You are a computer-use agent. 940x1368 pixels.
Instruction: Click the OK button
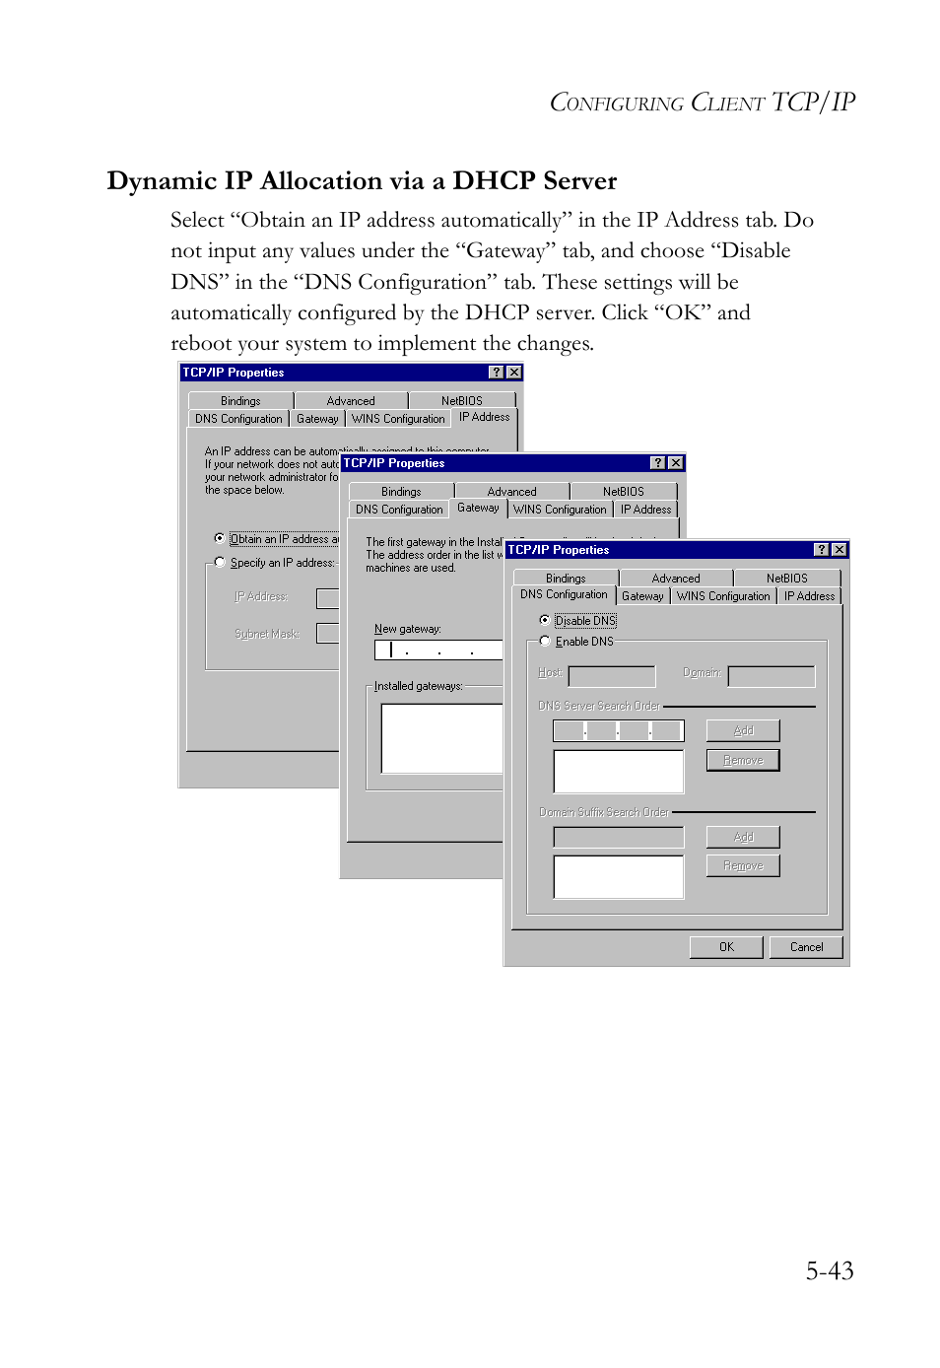[726, 947]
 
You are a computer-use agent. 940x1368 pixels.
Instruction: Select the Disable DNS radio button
[545, 620]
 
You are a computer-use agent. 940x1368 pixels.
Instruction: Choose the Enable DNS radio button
[545, 641]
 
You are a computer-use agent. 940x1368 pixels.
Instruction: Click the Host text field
[612, 676]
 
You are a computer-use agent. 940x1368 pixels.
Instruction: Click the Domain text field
[771, 676]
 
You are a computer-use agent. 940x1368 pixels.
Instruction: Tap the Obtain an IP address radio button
[220, 538]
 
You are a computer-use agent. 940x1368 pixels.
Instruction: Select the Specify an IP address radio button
[220, 562]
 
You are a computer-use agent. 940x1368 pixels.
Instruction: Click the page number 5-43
[829, 1270]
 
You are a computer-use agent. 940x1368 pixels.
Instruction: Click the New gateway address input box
[438, 650]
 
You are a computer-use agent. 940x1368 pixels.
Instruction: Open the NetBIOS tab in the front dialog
[786, 579]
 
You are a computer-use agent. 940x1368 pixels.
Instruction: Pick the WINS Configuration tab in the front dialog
[723, 596]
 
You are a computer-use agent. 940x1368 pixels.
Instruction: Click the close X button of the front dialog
[839, 550]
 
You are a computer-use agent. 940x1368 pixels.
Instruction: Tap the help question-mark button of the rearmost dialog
[497, 373]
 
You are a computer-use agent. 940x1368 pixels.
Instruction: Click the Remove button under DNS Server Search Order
[743, 760]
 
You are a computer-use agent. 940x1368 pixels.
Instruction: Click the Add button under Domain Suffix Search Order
[743, 837]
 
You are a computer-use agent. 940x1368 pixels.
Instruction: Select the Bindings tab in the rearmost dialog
[240, 401]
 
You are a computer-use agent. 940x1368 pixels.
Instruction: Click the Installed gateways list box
[441, 737]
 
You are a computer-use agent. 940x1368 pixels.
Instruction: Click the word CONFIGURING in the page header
[616, 103]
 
